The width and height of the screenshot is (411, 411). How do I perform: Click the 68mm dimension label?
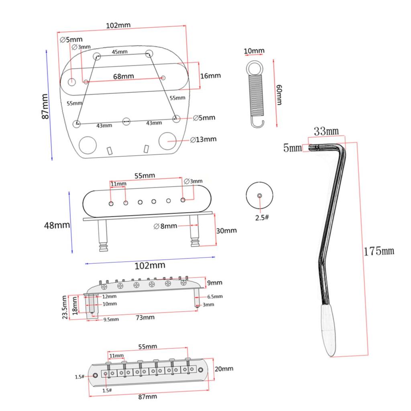[x=123, y=76]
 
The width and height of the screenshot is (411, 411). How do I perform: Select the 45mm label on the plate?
[x=120, y=52]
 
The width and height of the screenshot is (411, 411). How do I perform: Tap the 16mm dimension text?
[x=210, y=75]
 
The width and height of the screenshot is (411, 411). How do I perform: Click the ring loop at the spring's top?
[x=255, y=66]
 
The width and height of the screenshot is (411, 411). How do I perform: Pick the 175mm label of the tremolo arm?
[x=379, y=251]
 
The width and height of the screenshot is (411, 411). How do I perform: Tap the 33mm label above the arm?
[x=326, y=131]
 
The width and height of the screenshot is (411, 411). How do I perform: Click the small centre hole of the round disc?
[x=260, y=195]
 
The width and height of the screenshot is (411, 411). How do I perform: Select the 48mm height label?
[x=57, y=225]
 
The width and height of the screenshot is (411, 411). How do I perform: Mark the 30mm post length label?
[x=226, y=230]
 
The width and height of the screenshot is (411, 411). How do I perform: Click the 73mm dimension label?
[x=145, y=317]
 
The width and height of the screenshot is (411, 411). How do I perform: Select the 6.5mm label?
[x=215, y=297]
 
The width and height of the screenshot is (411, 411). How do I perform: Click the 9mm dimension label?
[x=215, y=283]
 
